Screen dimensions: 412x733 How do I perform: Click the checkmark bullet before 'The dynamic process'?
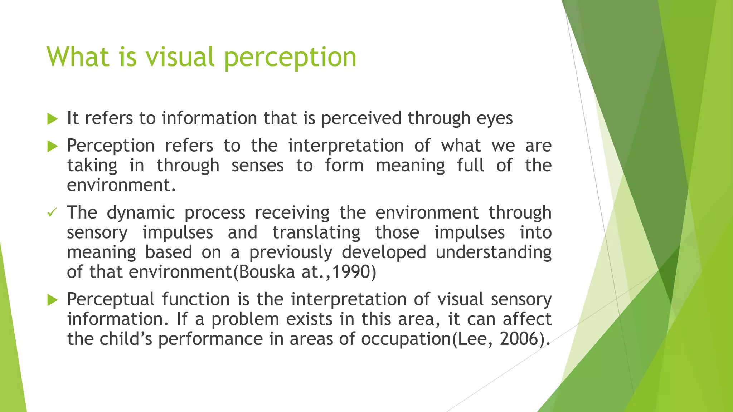tap(52, 213)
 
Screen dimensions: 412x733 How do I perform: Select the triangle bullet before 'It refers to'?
tap(52, 119)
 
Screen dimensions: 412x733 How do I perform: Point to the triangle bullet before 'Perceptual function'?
tap(52, 300)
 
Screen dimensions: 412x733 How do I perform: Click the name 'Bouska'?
tap(267, 272)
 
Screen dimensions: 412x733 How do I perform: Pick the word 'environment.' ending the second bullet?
tap(121, 185)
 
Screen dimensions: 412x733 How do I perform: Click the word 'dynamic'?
tap(141, 213)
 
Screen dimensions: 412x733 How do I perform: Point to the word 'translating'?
tap(316, 233)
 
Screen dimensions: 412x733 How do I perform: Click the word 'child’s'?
tap(126, 339)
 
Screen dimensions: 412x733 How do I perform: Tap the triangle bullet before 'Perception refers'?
tap(52, 146)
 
